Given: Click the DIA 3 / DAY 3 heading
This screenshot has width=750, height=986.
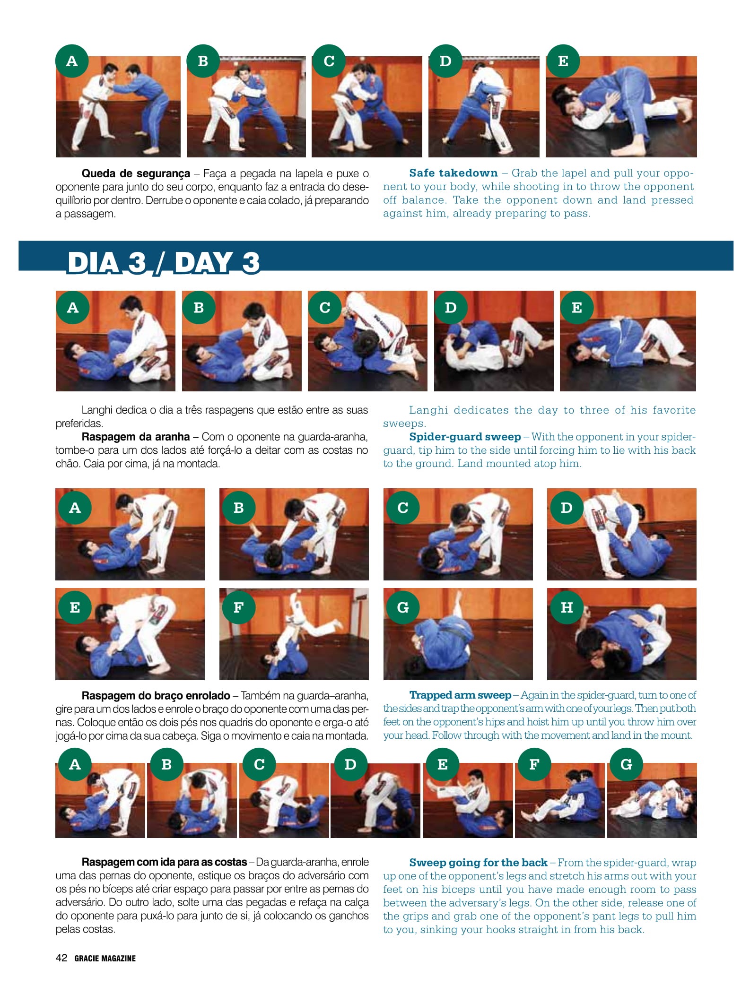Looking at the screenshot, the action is (163, 262).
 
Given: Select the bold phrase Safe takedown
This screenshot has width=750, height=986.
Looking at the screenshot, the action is (453, 173).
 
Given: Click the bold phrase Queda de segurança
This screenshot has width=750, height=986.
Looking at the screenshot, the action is (136, 173).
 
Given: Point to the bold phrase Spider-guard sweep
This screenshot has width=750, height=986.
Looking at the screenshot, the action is (465, 437).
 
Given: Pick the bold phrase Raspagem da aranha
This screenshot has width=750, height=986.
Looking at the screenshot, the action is (136, 437).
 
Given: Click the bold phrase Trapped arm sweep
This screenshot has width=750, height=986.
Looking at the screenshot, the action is (460, 695).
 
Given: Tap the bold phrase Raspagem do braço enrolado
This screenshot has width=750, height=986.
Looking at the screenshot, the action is (156, 696).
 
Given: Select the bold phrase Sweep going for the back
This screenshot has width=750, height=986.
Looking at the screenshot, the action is (478, 863).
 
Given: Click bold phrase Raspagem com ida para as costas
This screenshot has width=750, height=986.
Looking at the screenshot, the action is (164, 862).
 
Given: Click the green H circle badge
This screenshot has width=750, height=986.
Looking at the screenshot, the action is (567, 607).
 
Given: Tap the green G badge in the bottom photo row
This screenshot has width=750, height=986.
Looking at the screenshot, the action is (626, 764).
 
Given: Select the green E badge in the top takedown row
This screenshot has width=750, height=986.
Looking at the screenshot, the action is (563, 61).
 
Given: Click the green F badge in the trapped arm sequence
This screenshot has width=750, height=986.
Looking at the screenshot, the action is (239, 607).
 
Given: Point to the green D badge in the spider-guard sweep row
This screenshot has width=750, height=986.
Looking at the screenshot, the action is (451, 308).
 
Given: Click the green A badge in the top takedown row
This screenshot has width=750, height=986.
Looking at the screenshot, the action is (72, 61).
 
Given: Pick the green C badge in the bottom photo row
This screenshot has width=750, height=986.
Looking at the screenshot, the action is (259, 764).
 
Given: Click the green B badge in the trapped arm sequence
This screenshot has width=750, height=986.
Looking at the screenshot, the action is (239, 508).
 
